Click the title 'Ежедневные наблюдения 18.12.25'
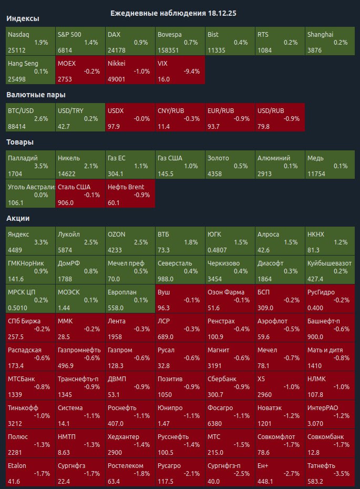pos(173,13)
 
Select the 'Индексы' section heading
pos(22,18)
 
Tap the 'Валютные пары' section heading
pos(36,95)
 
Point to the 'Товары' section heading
pos(20,142)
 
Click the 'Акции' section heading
pos(18,218)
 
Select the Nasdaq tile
pos(30,42)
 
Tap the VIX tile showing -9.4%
pos(180,70)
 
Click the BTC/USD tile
pos(30,118)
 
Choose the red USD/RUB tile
pos(280,118)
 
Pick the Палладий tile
pos(30,165)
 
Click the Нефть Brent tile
pos(130,193)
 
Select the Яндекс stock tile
pos(30,241)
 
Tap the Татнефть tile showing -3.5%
pos(330,473)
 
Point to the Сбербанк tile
pos(230,385)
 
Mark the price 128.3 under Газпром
pos(115,365)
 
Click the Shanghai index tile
pos(330,42)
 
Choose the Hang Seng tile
pos(30,70)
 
